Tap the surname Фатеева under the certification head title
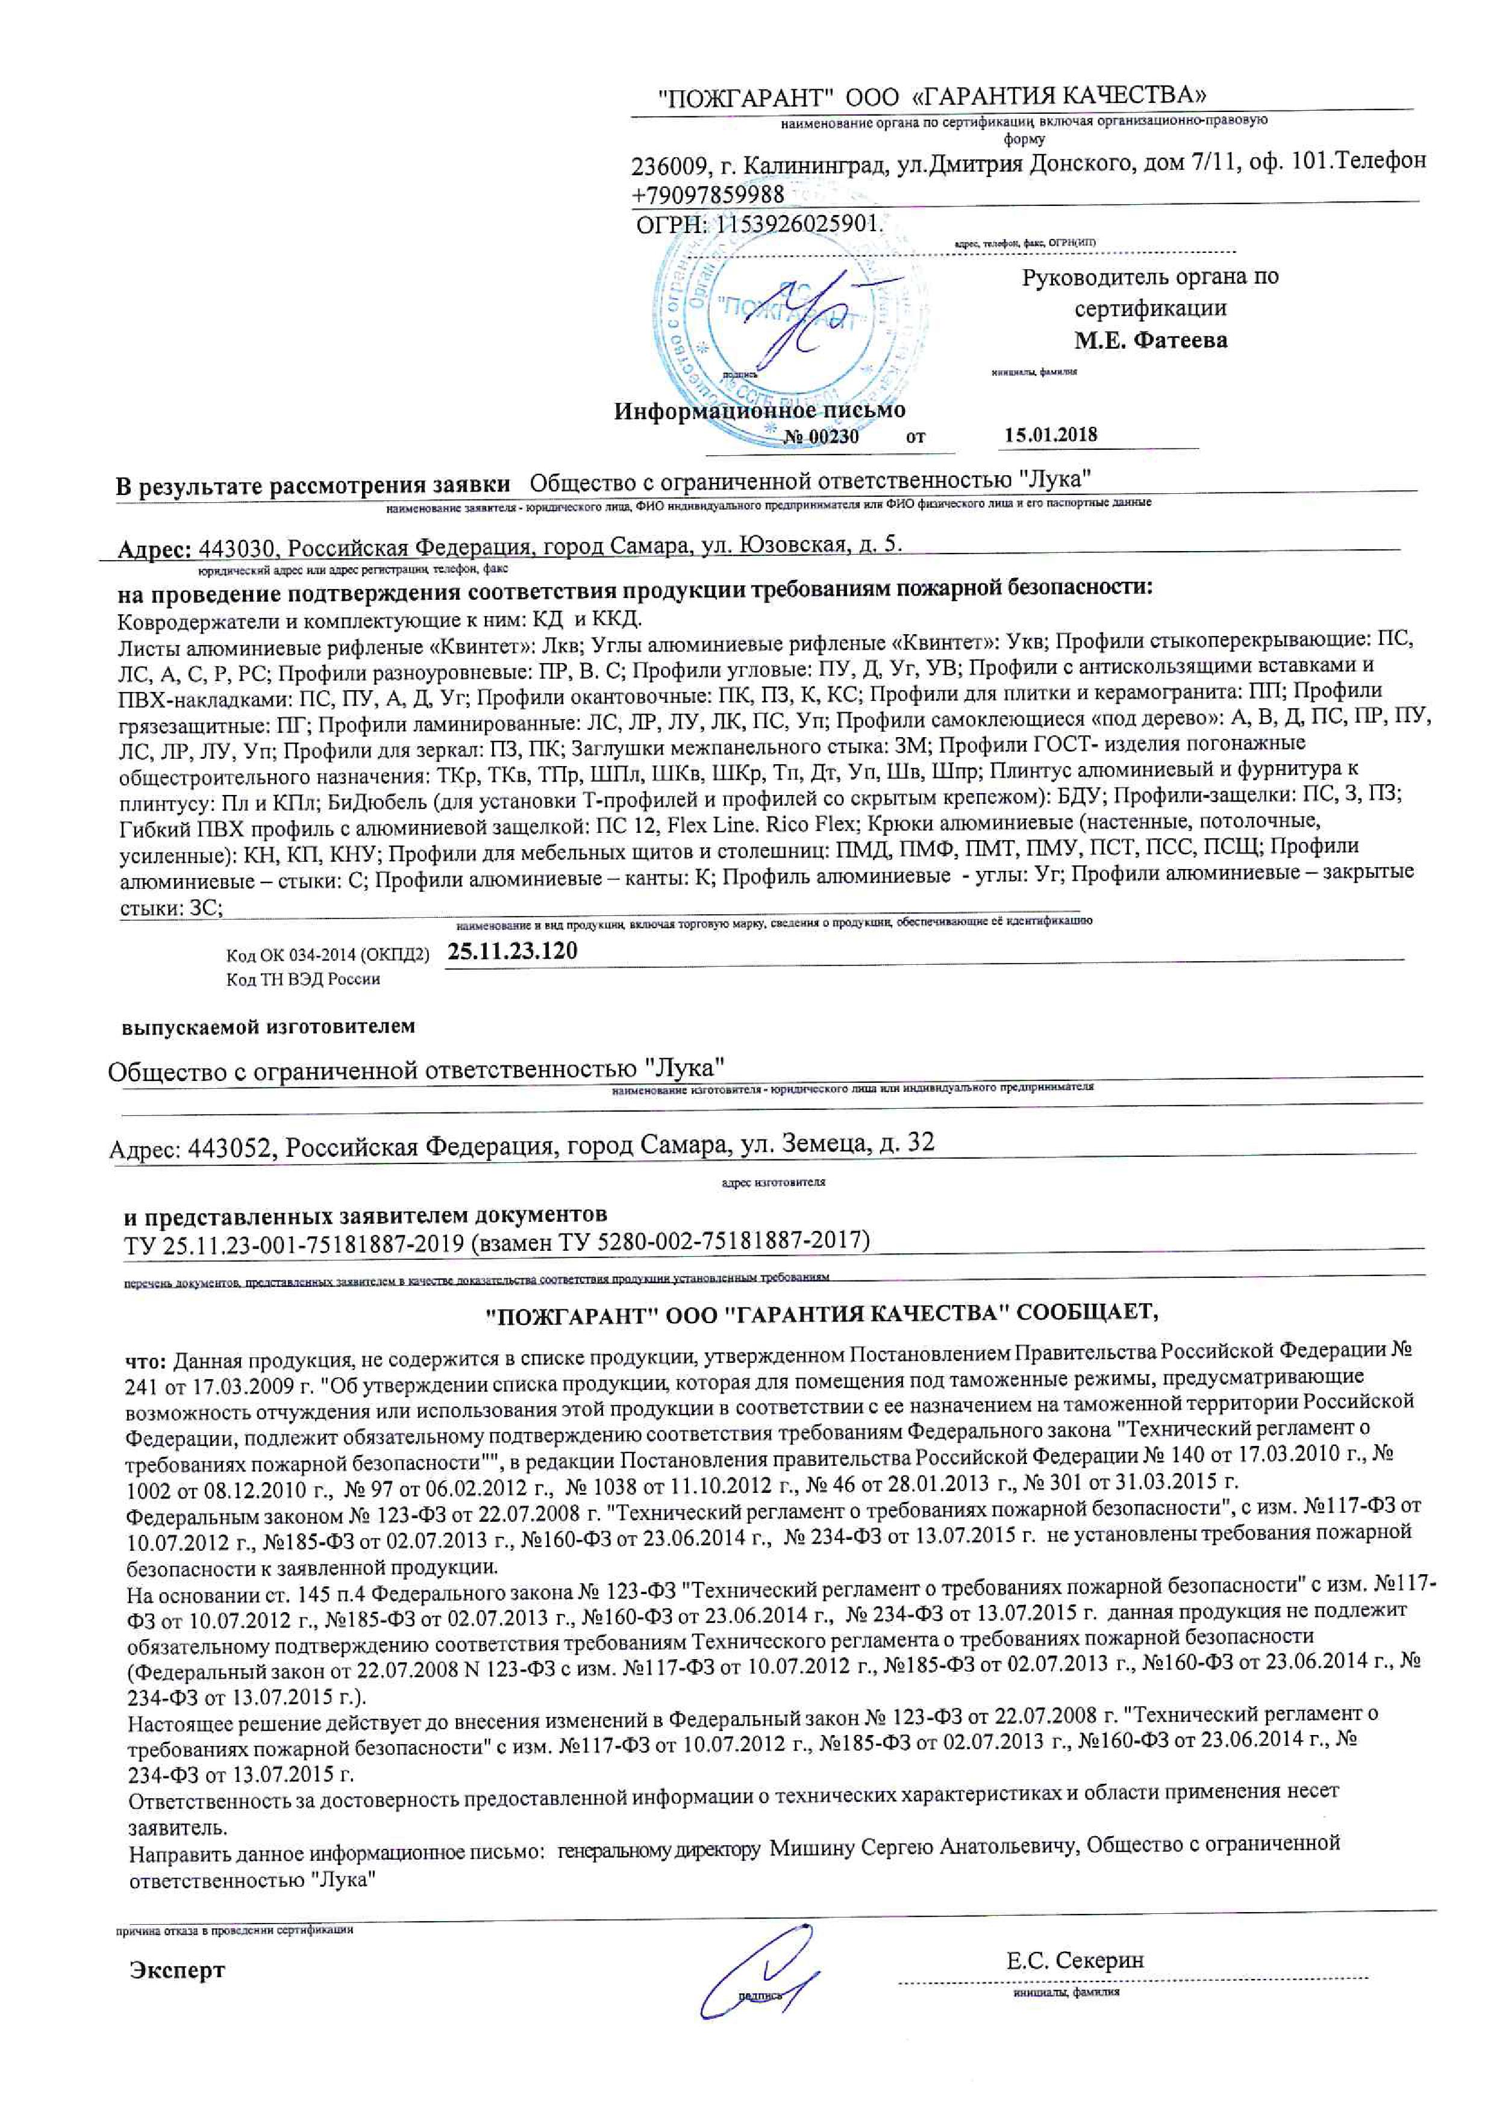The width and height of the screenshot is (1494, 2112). click(x=1180, y=340)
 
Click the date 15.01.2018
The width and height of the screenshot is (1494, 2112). click(x=1051, y=435)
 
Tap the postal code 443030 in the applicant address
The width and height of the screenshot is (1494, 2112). click(x=237, y=547)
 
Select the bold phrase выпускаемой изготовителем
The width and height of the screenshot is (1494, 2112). click(x=269, y=1027)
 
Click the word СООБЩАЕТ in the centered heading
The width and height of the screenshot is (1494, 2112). click(x=1082, y=1313)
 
